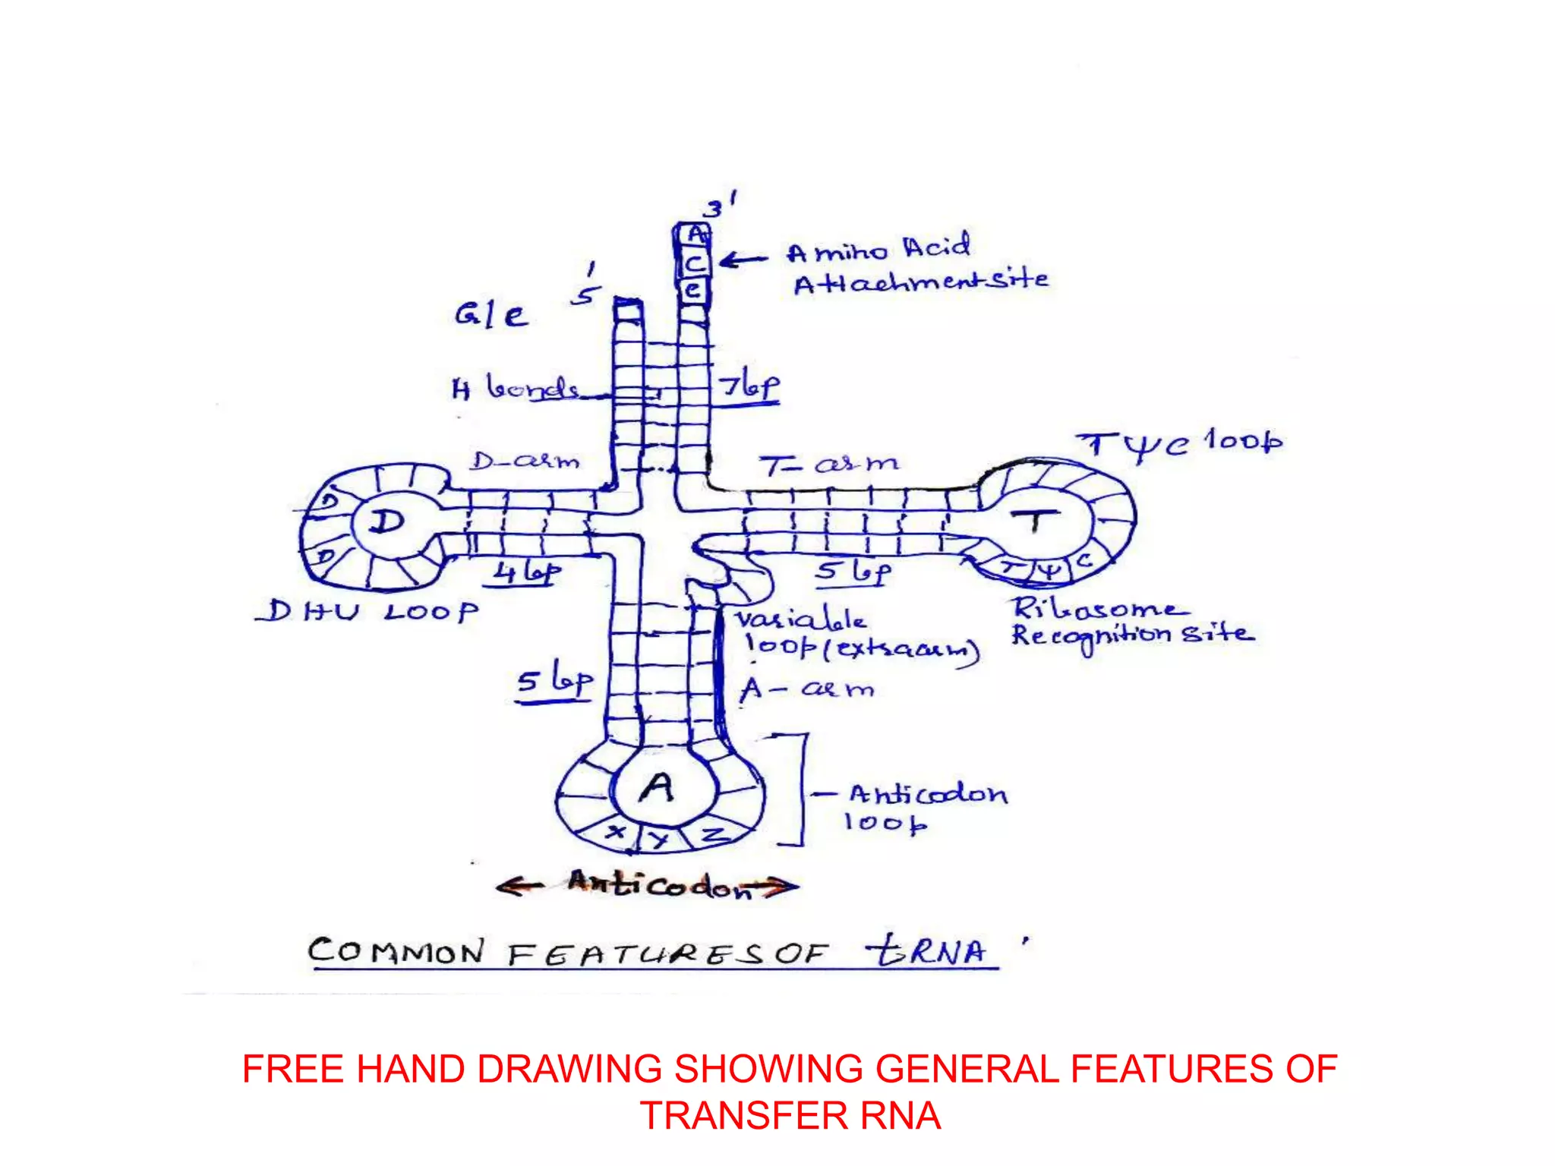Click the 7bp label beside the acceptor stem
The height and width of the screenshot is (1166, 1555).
tap(749, 386)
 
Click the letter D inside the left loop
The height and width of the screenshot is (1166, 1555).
tap(387, 522)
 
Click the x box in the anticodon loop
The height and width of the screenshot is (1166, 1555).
tap(617, 832)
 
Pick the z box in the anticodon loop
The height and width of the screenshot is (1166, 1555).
tap(712, 834)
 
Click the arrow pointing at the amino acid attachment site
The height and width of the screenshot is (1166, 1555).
tap(743, 260)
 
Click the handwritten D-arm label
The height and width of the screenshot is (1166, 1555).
tap(524, 461)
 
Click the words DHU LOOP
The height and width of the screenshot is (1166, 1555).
tap(367, 611)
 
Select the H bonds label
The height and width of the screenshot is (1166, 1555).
tap(516, 389)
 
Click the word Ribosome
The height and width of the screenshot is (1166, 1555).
tap(1098, 608)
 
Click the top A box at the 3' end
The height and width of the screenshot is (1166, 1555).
tap(694, 235)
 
